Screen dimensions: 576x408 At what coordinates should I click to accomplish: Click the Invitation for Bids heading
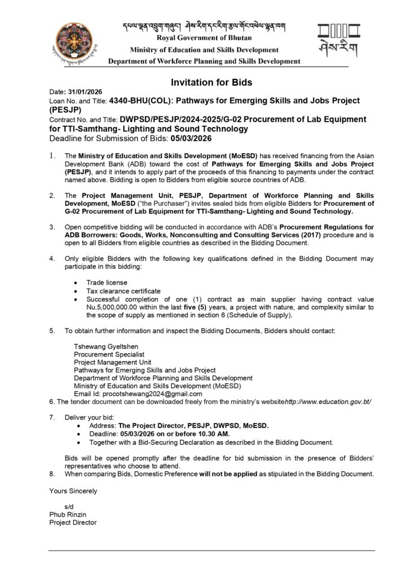(x=211, y=83)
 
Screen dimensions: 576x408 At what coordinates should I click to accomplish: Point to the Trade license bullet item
(x=107, y=282)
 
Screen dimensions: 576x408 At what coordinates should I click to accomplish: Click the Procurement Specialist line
(x=109, y=354)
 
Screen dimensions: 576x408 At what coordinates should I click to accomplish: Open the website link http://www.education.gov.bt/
(x=328, y=402)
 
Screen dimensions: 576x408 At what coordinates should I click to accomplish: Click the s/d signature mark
(x=70, y=507)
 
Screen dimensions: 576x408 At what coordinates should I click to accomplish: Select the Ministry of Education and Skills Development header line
(x=204, y=51)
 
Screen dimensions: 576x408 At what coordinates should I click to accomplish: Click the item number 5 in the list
(x=52, y=331)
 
